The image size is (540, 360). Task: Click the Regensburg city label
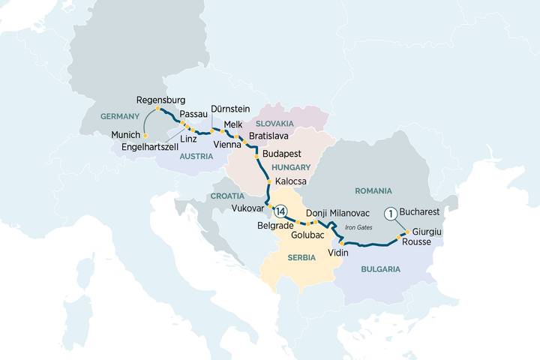coord(161,100)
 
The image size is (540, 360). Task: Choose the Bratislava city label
coord(269,136)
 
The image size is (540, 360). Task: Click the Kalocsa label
coord(290,181)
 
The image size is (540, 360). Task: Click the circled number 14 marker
coord(280,210)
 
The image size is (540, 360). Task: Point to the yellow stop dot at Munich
coord(145,136)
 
